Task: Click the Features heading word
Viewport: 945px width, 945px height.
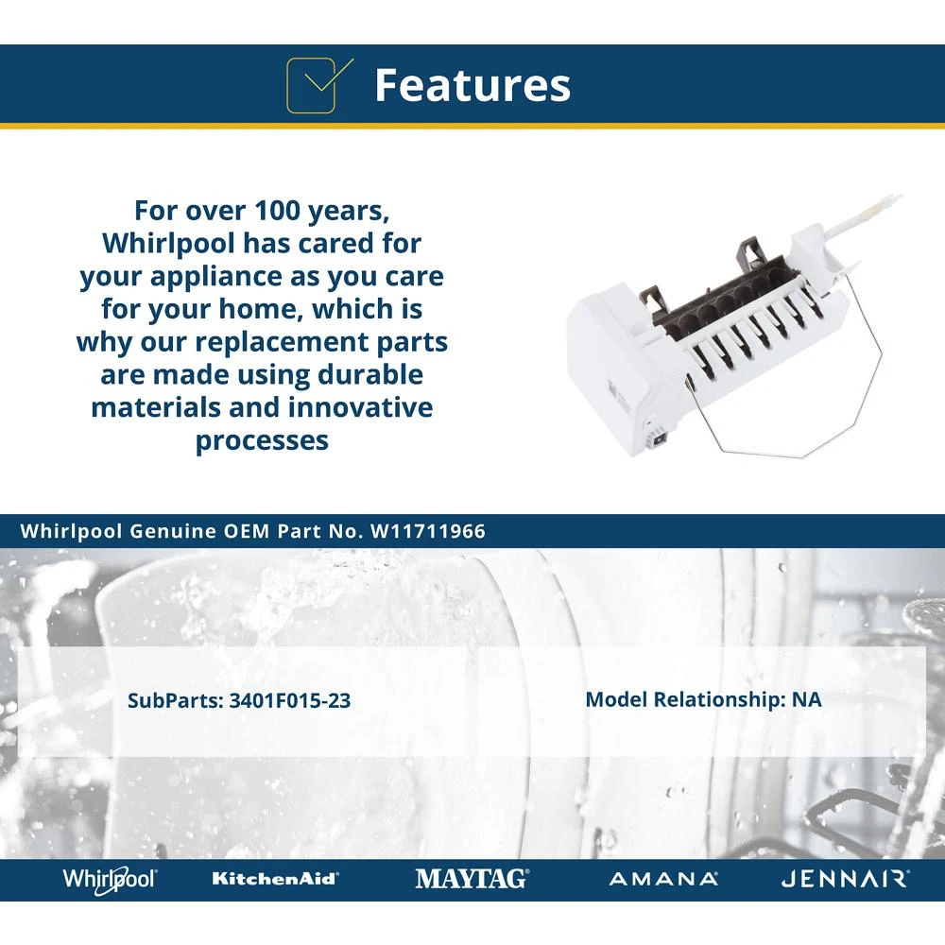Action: point(472,85)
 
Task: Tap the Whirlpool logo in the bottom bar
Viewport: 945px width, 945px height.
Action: point(110,879)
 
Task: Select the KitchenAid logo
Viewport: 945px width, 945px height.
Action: point(275,879)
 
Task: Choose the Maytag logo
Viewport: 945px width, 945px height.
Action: point(472,879)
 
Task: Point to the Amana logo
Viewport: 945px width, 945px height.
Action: point(663,879)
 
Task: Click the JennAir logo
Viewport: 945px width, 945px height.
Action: point(845,879)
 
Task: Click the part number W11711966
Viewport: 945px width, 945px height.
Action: point(428,531)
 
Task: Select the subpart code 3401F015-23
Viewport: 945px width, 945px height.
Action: point(290,700)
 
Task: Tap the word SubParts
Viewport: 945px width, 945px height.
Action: point(176,700)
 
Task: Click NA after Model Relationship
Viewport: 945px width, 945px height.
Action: point(806,699)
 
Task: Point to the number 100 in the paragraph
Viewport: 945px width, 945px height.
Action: point(277,211)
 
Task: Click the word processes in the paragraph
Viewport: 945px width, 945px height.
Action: point(262,441)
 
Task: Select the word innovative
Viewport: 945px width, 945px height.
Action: point(360,406)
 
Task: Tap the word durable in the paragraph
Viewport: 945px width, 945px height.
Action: point(370,374)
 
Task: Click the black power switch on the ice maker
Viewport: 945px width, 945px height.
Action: point(660,439)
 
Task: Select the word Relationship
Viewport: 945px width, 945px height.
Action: point(719,699)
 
